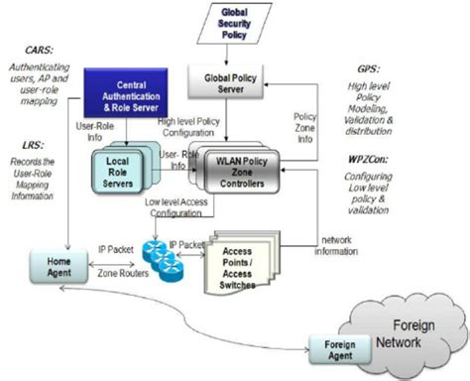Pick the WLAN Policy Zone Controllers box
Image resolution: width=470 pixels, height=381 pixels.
235,166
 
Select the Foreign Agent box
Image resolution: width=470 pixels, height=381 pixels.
328,349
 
